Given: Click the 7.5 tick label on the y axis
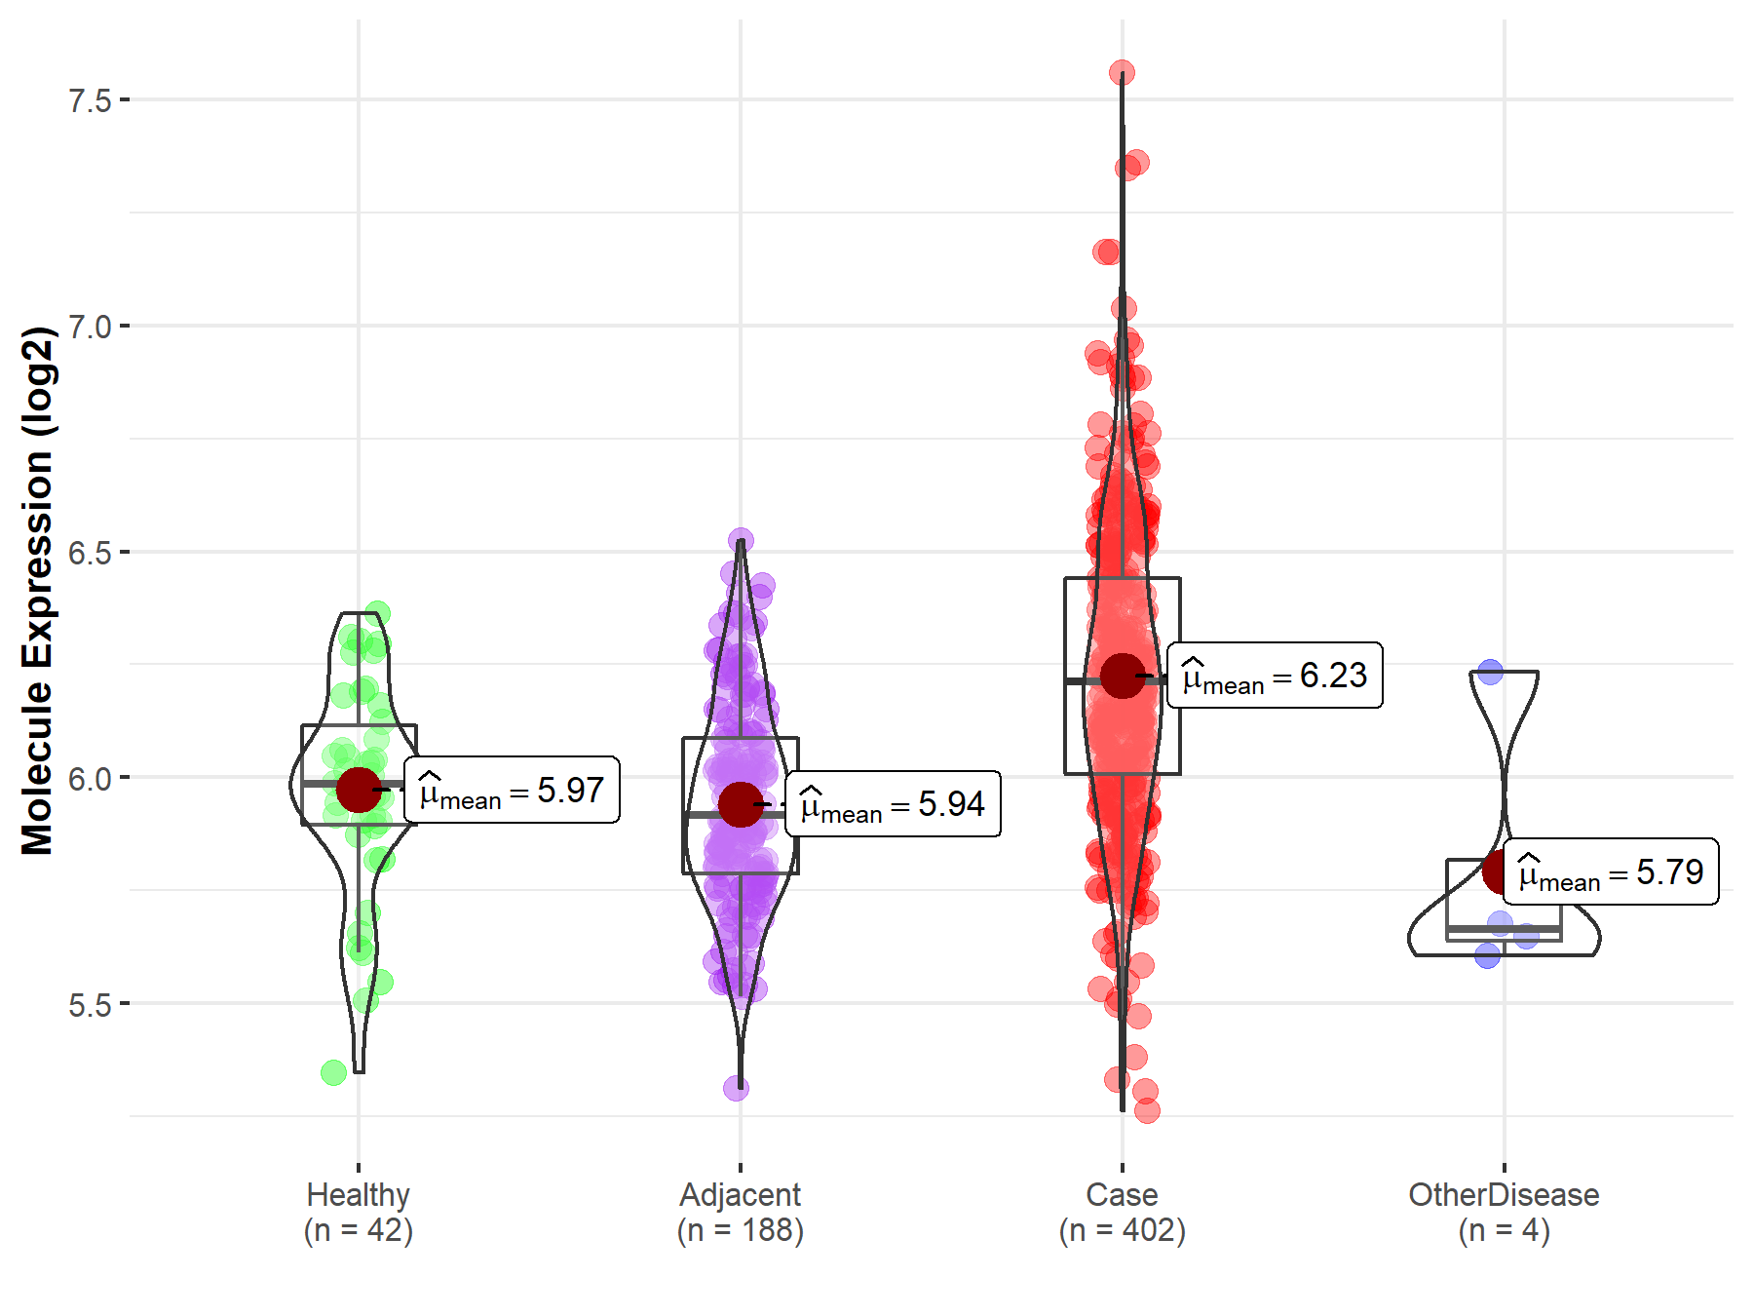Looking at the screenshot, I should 90,100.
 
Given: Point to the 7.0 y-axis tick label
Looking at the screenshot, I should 90,327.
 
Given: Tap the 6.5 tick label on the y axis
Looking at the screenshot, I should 90,553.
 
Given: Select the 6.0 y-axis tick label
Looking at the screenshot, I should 90,779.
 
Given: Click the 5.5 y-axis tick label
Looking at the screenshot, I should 90,1005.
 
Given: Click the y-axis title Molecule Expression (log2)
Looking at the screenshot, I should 37,591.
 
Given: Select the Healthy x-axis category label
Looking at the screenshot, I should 358,1194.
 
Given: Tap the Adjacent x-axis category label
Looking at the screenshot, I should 740,1194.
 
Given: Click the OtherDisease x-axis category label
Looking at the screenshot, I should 1504,1194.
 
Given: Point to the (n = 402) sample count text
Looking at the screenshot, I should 1122,1230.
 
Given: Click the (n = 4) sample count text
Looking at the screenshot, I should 1504,1230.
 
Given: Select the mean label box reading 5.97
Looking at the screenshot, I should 512,790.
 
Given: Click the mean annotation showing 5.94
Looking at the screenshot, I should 893,804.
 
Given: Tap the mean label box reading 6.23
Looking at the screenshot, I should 1275,675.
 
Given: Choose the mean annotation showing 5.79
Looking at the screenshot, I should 1611,871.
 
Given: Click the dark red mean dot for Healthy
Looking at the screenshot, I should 359,790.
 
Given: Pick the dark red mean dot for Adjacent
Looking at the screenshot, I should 741,804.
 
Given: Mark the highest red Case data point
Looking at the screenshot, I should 1122,73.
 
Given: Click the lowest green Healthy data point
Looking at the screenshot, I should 333,1072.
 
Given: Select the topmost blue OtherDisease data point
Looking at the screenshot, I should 1490,672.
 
